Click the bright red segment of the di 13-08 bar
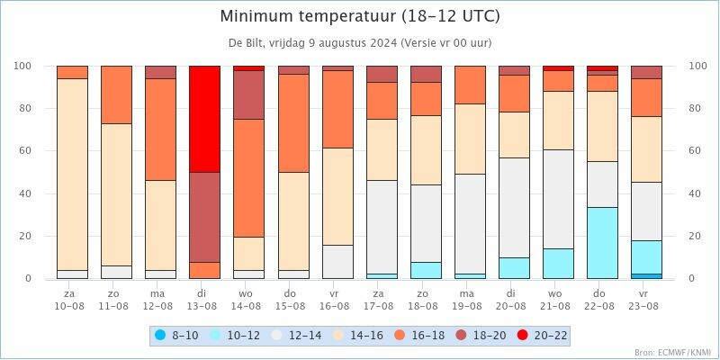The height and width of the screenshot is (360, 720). point(205,119)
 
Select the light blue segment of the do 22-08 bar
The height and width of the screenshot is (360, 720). point(602,243)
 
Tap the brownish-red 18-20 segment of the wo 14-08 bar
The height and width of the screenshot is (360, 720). point(249,94)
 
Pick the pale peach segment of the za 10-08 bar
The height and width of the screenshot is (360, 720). point(73,175)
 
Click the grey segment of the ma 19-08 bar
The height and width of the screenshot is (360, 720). point(470,224)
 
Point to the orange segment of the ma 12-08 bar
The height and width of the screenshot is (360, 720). point(161,130)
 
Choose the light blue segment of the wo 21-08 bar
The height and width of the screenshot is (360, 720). point(558,264)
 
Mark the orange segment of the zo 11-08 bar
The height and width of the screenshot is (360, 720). point(117,94)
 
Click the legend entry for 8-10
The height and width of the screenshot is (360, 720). point(176,336)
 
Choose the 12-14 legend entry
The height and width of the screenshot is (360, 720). point(297,336)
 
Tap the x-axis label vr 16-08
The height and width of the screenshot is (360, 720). point(337,300)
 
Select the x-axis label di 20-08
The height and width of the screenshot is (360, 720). point(514,300)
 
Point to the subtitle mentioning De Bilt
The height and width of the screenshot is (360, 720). point(360,43)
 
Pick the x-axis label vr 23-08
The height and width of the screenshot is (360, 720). point(646,300)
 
